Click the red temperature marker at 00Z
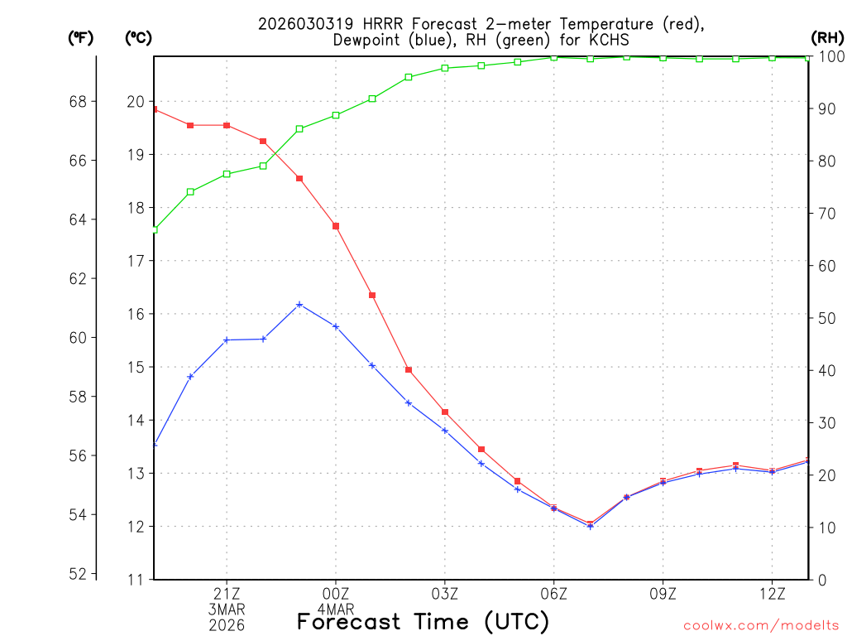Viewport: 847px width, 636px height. [336, 226]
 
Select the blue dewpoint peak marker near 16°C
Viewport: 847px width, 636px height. [299, 305]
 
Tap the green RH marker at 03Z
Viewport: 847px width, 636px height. [445, 68]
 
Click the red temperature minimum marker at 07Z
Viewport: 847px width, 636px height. [591, 523]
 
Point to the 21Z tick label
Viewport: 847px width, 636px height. [227, 593]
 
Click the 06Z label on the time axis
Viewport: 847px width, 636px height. [554, 593]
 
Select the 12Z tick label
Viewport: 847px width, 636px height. [773, 593]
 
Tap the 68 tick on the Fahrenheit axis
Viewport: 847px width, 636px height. [79, 102]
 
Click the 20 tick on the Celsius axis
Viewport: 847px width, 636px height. [135, 102]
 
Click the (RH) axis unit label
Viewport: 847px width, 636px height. [827, 37]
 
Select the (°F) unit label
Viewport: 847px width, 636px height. [80, 37]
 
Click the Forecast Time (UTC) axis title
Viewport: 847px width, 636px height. [423, 621]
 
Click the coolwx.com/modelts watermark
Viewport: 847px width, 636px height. [761, 625]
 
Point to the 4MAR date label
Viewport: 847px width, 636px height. [336, 609]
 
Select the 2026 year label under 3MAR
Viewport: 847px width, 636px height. [227, 624]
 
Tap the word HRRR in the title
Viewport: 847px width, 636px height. [359, 23]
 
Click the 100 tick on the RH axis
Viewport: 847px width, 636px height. [831, 56]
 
